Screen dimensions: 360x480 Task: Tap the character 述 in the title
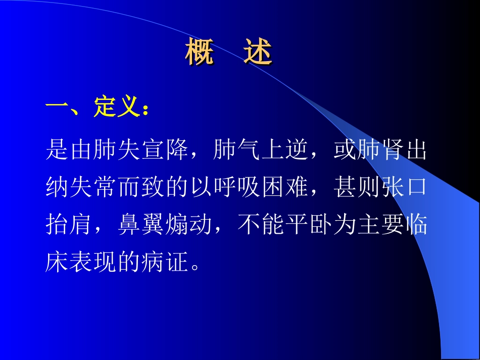258,53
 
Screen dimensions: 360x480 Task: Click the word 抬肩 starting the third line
70,226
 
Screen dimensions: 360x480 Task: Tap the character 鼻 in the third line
130,226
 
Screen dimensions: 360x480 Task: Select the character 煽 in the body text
178,226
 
